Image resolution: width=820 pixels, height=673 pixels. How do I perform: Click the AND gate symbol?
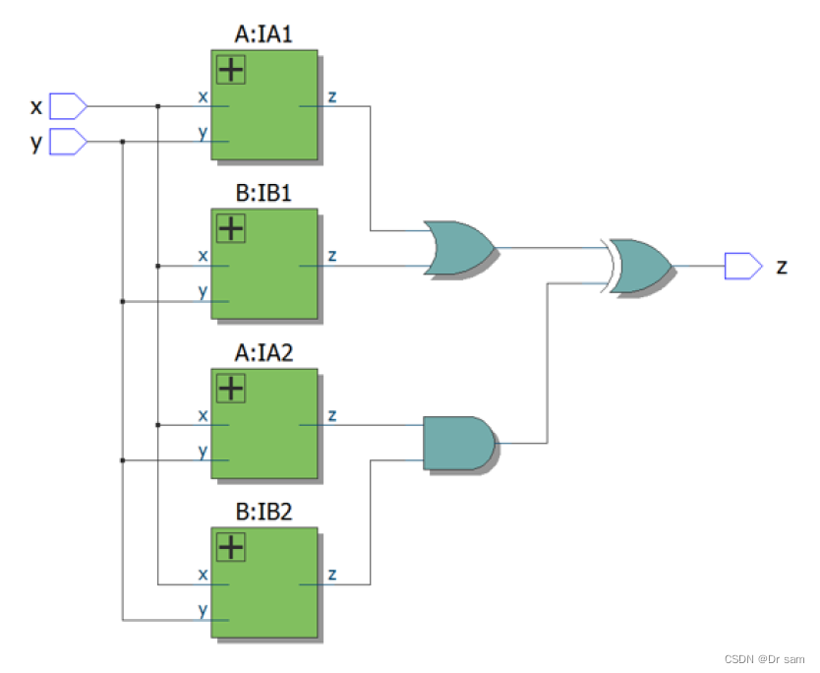coord(458,443)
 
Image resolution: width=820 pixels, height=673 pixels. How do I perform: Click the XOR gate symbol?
coord(640,265)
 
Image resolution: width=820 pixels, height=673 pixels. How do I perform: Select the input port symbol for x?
coord(68,104)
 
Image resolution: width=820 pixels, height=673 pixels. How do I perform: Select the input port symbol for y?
coord(68,142)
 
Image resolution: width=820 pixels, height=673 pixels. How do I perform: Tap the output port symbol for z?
coord(742,265)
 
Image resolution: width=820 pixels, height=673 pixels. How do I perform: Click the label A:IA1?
coord(264,35)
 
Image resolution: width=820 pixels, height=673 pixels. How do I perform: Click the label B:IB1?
coord(264,194)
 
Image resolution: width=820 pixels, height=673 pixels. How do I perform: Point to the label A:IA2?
coord(264,353)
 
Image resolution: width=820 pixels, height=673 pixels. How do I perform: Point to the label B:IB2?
coord(264,513)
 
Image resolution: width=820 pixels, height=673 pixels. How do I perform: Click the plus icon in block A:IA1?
coord(231,70)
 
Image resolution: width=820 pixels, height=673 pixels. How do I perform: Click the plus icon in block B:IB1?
coord(231,229)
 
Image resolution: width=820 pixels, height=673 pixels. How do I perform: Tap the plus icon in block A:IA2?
coord(231,388)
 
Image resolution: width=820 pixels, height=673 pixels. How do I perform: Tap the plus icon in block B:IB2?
coord(231,547)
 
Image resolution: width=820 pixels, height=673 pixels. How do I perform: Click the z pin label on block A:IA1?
coord(332,95)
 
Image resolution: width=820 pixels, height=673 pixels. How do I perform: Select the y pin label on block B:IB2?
coord(203,609)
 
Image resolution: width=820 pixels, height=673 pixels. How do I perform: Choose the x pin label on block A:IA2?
coord(203,415)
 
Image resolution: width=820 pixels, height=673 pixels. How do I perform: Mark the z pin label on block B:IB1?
coord(332,255)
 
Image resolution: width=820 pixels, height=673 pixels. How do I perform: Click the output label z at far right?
coord(782,266)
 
